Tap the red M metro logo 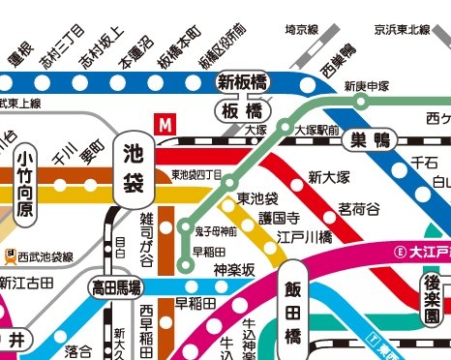coord(166,125)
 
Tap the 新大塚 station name coord(328,177)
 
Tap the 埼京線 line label coord(302,30)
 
